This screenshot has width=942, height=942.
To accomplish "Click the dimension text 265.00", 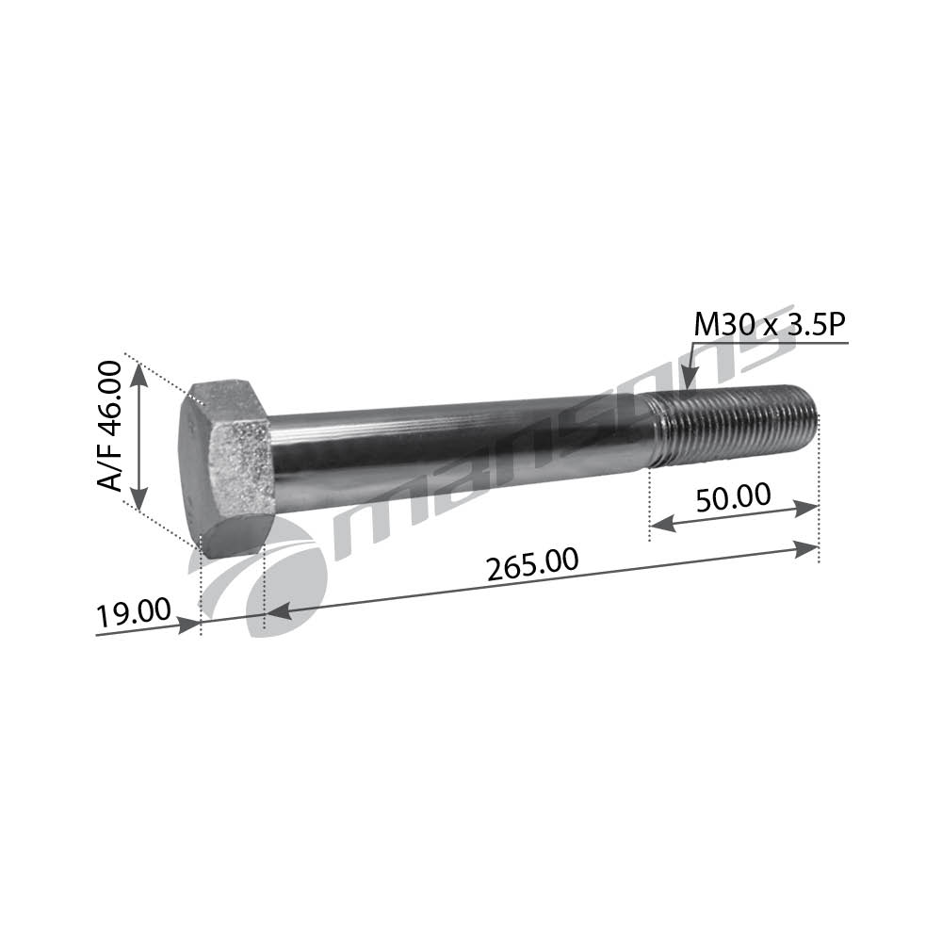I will tap(531, 565).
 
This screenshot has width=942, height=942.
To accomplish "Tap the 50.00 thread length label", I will tap(733, 497).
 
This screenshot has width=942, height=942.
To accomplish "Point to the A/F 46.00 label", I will tap(110, 426).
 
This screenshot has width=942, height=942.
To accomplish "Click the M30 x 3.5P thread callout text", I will tap(769, 326).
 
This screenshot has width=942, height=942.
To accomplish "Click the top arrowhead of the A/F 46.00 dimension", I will tap(138, 374).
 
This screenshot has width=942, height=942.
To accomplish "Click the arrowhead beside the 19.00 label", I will tap(188, 623).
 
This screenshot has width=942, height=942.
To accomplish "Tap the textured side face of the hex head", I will tap(242, 466).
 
